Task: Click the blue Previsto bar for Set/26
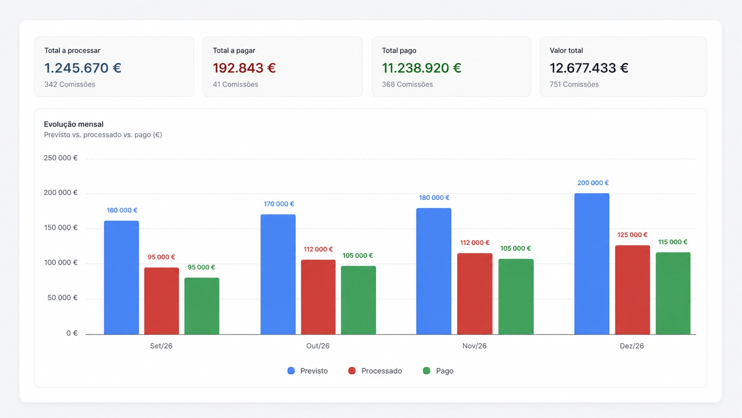[122, 278]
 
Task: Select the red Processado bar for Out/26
[318, 297]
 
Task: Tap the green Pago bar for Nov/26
[516, 297]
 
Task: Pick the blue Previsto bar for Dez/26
[592, 264]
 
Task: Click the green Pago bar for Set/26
[202, 306]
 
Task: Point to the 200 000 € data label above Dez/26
[592, 183]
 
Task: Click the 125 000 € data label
[632, 235]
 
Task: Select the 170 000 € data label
[279, 204]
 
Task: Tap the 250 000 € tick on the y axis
[61, 158]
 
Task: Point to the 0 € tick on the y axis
[72, 333]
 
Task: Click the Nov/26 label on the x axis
[474, 346]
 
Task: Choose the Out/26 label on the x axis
[318, 346]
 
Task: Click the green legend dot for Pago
[426, 370]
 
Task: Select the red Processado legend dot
[352, 370]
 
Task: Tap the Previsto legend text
[314, 371]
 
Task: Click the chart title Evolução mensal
[74, 124]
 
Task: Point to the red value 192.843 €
[244, 68]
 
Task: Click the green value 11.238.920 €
[421, 68]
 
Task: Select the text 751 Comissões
[574, 84]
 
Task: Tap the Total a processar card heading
[72, 50]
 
